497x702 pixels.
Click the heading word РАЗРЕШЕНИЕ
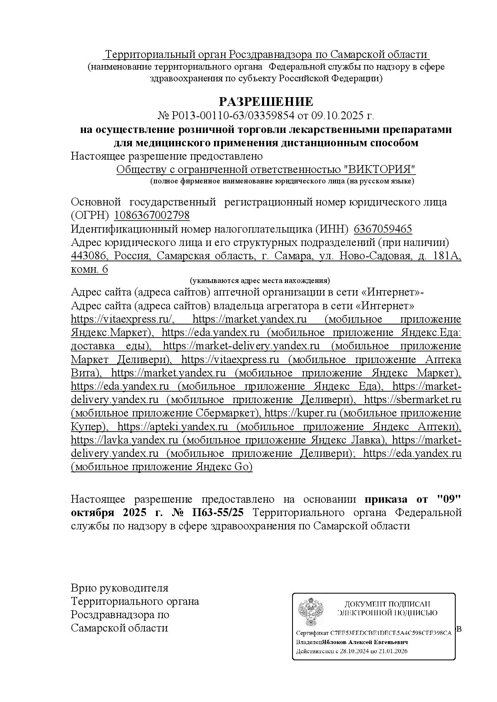(266, 101)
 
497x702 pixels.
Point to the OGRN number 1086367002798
(152, 216)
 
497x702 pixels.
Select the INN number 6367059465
(383, 229)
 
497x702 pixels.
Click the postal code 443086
(89, 256)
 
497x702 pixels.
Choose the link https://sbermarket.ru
(412, 399)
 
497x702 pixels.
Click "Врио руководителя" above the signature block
(119, 588)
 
